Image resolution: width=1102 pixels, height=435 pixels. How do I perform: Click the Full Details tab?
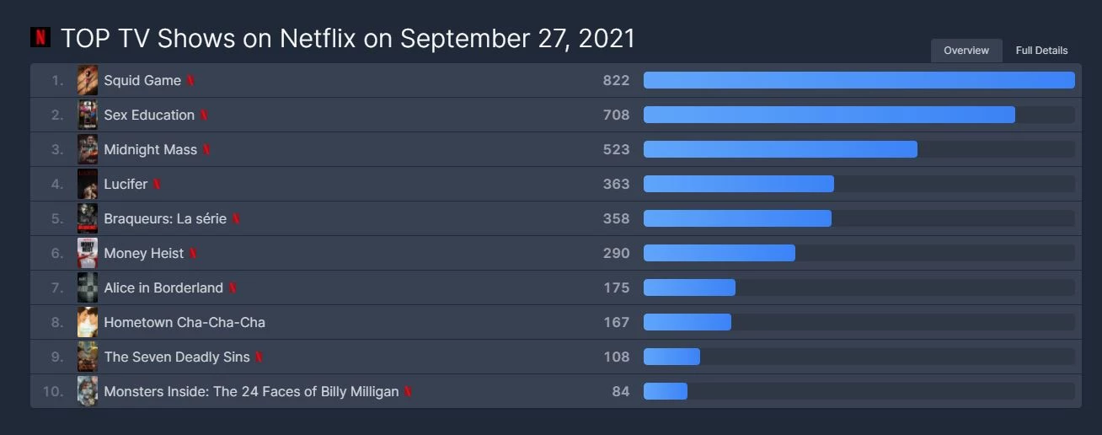tap(1041, 51)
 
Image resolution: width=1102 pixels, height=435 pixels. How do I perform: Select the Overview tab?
tap(966, 51)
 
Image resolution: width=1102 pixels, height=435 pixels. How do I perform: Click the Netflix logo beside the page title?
tap(40, 37)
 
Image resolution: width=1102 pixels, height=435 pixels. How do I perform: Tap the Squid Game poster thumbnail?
tap(88, 80)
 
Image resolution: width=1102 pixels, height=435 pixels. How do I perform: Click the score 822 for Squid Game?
tap(616, 80)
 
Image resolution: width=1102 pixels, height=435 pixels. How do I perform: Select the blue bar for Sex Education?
tap(829, 115)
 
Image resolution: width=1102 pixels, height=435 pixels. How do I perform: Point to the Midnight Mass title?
tap(150, 149)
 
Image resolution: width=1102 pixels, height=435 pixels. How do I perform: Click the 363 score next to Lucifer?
tap(616, 184)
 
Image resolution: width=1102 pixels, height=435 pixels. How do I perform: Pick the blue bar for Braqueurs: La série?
tap(737, 218)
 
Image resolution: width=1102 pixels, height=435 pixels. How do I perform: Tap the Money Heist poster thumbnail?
tap(88, 253)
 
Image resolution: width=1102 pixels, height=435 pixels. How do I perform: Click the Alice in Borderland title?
tap(163, 287)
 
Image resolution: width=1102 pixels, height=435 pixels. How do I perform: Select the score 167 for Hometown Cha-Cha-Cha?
tap(616, 322)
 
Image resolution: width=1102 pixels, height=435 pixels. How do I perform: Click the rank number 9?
tap(57, 357)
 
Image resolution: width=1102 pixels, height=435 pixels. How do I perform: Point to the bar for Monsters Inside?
tap(666, 391)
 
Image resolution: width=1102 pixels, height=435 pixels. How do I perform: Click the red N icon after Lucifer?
tap(157, 184)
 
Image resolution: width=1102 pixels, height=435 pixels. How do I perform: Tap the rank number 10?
tap(53, 391)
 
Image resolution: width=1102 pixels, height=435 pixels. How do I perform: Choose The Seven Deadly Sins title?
tap(177, 357)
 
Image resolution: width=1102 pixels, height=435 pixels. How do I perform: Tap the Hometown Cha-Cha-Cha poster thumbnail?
tap(88, 322)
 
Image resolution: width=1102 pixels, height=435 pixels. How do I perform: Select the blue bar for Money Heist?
tap(719, 253)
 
